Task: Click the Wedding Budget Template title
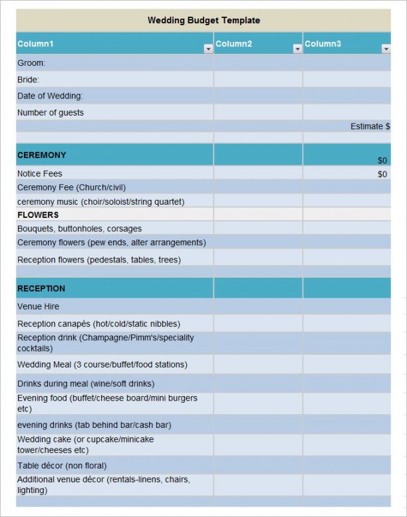tap(203, 21)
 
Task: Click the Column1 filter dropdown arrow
tap(208, 49)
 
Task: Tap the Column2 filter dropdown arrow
tap(297, 49)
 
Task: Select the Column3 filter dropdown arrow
tap(386, 49)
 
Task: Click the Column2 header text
tap(233, 44)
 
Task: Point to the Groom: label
tap(31, 63)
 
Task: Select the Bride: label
tap(29, 80)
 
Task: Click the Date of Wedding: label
tap(50, 96)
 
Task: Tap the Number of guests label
tap(51, 113)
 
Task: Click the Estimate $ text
tap(370, 126)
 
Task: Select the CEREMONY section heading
tap(42, 155)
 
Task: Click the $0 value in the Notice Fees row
tap(382, 174)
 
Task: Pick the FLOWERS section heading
tap(38, 215)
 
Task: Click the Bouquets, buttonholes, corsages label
tap(79, 229)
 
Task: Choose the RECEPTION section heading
tap(41, 288)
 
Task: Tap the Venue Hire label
tap(38, 306)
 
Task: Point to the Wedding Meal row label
tap(102, 365)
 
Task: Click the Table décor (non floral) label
tap(62, 466)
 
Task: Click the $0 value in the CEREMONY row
tap(382, 160)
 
